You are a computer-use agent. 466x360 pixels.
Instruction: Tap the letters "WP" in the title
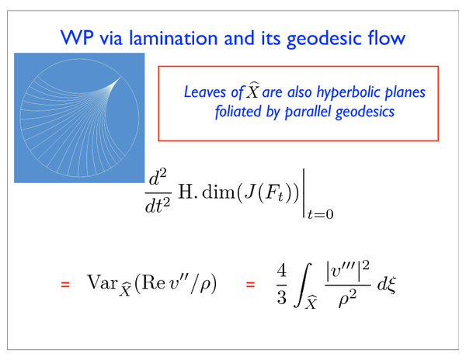click(x=77, y=38)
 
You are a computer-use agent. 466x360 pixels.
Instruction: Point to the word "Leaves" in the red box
click(x=206, y=92)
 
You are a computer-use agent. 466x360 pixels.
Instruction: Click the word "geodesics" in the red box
click(x=365, y=112)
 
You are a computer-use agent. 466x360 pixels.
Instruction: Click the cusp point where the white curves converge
click(x=120, y=77)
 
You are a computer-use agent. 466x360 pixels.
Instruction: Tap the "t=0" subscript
click(x=320, y=214)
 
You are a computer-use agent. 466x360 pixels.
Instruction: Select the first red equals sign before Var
click(x=65, y=284)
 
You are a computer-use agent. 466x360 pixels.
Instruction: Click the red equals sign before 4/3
click(x=251, y=284)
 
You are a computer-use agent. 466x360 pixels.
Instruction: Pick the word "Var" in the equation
click(x=102, y=282)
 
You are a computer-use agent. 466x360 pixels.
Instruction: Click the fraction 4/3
click(x=282, y=284)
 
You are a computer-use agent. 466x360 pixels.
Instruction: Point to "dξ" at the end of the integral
click(x=387, y=285)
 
